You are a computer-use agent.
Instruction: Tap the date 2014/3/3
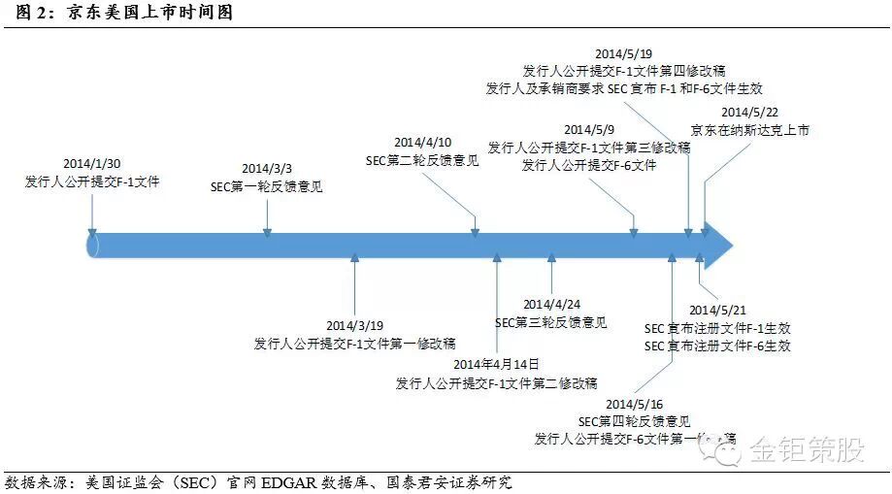click(x=266, y=168)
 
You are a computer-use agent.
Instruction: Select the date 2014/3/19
click(x=354, y=325)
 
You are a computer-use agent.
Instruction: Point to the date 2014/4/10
click(x=422, y=143)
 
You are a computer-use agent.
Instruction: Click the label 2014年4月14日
click(x=495, y=364)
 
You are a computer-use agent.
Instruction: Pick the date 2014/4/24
click(x=550, y=304)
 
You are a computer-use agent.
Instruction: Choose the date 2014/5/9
click(x=588, y=129)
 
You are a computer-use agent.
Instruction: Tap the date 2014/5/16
click(x=634, y=403)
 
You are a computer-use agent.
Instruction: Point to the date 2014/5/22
click(x=749, y=112)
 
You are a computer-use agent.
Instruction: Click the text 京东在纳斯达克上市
click(x=749, y=129)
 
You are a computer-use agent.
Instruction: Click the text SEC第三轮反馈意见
click(x=550, y=322)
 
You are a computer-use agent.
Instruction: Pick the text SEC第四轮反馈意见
click(x=634, y=421)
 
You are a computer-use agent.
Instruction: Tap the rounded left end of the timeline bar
click(x=93, y=246)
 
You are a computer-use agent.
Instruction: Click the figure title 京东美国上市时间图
click(x=150, y=13)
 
